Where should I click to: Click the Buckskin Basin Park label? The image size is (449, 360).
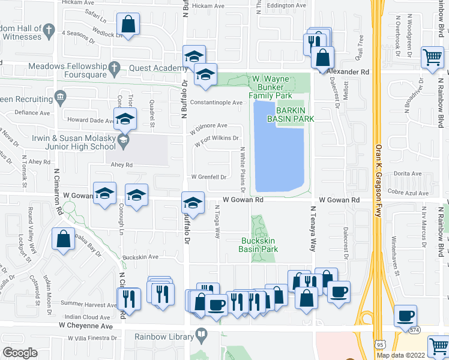pos(258,245)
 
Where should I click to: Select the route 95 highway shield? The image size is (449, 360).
pos(379,344)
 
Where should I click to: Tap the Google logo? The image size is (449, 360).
pos(20,353)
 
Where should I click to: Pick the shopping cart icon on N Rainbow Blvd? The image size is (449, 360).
pos(432,58)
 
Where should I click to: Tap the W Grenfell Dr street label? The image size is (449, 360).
pos(208,177)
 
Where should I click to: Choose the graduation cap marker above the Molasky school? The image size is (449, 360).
pos(125,118)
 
